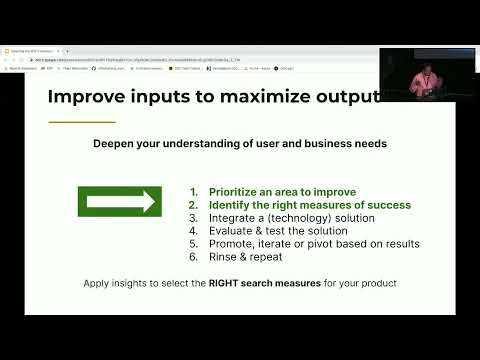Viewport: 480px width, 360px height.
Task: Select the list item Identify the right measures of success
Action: point(309,205)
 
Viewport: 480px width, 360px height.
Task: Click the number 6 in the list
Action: point(193,257)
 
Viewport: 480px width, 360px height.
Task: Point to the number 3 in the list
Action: point(193,218)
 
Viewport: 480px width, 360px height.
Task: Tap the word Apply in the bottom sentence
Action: point(99,284)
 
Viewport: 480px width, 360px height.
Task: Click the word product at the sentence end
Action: point(377,284)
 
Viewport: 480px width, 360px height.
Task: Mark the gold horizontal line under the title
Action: point(82,122)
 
